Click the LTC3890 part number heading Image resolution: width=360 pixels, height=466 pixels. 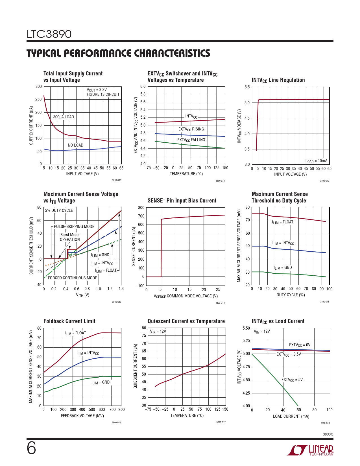click(x=49, y=34)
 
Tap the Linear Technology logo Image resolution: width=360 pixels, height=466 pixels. click(x=310, y=450)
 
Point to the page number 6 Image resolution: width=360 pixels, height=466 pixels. click(x=31, y=448)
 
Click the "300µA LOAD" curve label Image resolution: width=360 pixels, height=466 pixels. click(x=64, y=117)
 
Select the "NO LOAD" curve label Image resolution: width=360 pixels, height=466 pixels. click(x=75, y=145)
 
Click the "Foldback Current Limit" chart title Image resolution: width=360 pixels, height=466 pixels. click(x=69, y=321)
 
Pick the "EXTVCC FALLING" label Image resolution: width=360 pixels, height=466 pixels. click(x=191, y=140)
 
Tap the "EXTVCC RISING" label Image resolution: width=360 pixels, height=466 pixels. click(x=191, y=129)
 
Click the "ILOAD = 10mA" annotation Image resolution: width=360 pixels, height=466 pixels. click(x=316, y=161)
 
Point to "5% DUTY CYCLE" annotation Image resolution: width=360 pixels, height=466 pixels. click(x=59, y=210)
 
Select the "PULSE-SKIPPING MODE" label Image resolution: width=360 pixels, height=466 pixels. click(x=74, y=227)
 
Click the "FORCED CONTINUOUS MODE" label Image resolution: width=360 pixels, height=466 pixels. click(x=73, y=278)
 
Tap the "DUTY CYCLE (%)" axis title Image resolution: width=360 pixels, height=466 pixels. click(x=291, y=295)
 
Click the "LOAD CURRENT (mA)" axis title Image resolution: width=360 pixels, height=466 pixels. click(x=291, y=416)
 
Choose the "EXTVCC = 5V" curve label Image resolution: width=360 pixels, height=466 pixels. click(x=292, y=380)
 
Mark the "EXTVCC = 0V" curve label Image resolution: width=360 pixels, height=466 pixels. click(x=300, y=345)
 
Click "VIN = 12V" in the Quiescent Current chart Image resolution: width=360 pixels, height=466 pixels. click(x=158, y=331)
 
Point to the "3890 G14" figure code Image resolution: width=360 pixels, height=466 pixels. click(x=220, y=303)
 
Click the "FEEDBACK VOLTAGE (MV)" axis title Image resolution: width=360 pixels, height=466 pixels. click(x=82, y=416)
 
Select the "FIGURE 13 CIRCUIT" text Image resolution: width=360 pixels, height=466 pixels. click(x=103, y=94)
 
